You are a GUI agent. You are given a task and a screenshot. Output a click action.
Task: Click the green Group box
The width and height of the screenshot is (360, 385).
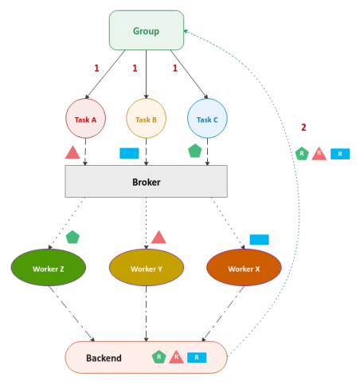146,31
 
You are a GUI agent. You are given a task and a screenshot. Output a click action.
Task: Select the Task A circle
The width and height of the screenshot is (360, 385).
85,120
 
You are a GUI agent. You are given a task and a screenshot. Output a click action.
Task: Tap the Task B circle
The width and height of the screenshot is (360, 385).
146,120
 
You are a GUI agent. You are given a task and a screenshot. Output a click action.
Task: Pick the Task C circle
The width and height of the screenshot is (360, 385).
207,120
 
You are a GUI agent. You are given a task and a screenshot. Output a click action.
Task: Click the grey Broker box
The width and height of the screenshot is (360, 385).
146,182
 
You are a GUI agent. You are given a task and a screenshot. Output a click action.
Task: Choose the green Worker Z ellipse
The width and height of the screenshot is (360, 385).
49,269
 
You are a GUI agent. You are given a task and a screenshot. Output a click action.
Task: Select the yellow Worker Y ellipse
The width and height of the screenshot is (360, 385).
146,269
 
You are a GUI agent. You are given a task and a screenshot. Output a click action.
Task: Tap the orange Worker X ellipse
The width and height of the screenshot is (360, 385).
244,269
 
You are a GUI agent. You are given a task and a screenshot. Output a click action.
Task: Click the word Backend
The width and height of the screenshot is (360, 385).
104,358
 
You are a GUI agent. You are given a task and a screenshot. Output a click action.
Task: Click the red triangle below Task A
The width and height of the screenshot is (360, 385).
72,151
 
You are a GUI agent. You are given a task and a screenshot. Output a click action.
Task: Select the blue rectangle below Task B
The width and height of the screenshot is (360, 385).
129,152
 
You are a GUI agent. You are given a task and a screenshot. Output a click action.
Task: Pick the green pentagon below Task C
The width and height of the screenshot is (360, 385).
194,151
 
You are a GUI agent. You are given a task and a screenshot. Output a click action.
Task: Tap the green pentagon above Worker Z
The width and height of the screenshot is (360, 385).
72,237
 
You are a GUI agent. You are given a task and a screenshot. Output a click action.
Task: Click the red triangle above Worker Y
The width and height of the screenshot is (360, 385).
158,237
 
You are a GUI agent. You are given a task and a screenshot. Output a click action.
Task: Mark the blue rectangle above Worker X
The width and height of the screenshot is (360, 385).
259,239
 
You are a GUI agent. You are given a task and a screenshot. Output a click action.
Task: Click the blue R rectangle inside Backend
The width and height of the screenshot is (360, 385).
198,358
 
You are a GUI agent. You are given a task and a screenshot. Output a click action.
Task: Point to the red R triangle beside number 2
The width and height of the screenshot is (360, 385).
319,153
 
